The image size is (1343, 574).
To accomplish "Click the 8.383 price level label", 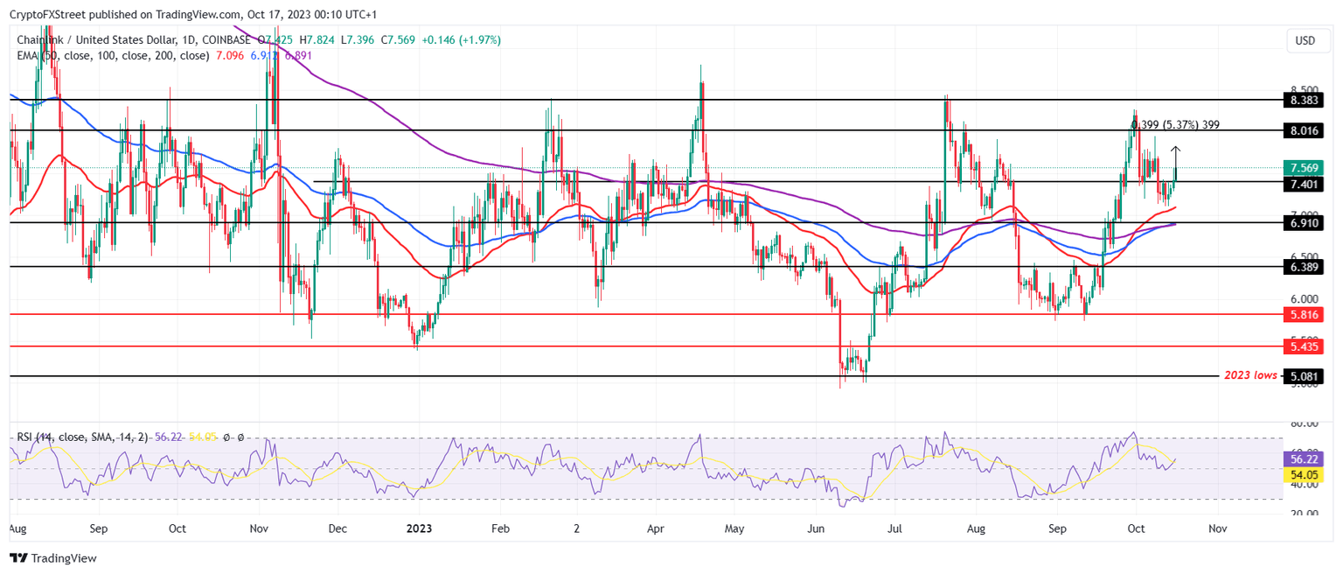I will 1304,101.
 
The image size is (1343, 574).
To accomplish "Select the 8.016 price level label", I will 1304,130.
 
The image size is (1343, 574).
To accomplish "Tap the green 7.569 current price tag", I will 1304,168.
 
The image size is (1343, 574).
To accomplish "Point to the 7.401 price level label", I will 1304,183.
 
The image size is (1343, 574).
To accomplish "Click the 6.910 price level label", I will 1304,223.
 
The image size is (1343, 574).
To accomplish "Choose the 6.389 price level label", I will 1304,266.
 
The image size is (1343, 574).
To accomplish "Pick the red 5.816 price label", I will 1304,314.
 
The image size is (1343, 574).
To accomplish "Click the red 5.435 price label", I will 1304,346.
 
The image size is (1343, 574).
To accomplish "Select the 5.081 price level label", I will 1304,376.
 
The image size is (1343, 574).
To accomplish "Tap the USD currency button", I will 1305,41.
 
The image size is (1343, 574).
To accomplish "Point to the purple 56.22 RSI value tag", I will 1304,458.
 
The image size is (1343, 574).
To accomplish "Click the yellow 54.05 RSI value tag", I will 1304,474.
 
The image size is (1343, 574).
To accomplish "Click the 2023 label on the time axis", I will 419,529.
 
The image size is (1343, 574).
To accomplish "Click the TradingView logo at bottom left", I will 53,558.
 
